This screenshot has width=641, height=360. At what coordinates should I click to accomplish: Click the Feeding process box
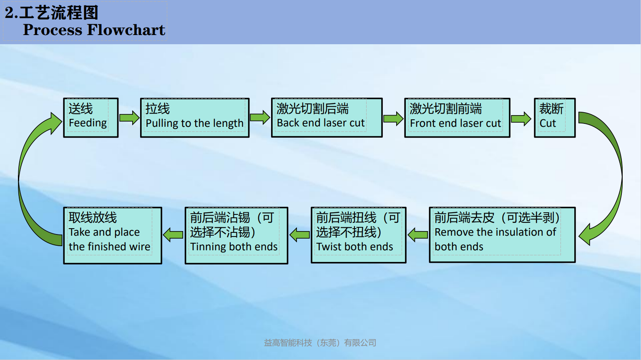pyautogui.click(x=90, y=118)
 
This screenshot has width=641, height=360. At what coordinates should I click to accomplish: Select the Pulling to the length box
pyautogui.click(x=195, y=118)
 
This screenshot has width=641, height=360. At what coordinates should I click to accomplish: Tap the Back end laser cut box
pyautogui.click(x=327, y=118)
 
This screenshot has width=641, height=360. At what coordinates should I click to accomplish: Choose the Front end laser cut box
pyautogui.click(x=457, y=118)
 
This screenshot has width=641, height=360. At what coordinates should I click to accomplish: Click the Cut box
pyautogui.click(x=555, y=118)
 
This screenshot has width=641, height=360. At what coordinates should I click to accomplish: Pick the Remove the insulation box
pyautogui.click(x=502, y=235)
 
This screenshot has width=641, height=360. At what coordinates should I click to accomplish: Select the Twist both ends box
pyautogui.click(x=358, y=235)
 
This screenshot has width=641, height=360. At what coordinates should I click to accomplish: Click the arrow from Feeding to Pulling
pyautogui.click(x=129, y=118)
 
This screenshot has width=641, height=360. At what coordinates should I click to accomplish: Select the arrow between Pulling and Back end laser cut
pyautogui.click(x=260, y=118)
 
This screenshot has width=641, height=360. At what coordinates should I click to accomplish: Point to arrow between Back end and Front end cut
pyautogui.click(x=393, y=119)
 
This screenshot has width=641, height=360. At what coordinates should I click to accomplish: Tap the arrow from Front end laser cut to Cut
pyautogui.click(x=521, y=119)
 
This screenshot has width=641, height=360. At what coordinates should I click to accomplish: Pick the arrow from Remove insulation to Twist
pyautogui.click(x=417, y=235)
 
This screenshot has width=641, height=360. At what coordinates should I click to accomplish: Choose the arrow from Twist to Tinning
pyautogui.click(x=299, y=235)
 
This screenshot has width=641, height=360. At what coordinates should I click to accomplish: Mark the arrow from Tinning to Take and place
pyautogui.click(x=173, y=235)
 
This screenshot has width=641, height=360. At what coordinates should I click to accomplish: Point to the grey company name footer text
pyautogui.click(x=320, y=343)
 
